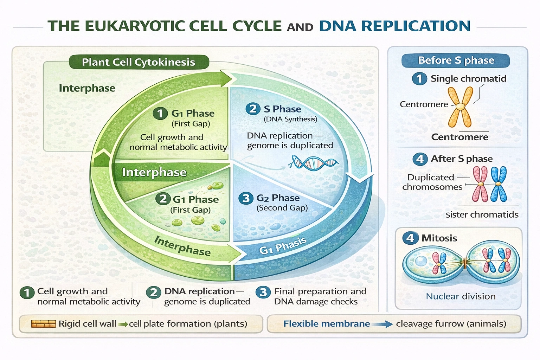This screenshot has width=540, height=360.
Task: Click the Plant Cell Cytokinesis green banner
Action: [x=139, y=62]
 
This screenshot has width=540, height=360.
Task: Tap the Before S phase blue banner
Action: [x=456, y=60]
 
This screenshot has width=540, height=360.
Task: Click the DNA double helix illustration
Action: [x=313, y=163]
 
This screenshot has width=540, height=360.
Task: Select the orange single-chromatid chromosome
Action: [x=460, y=107]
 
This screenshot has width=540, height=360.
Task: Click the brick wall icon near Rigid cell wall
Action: [x=43, y=324]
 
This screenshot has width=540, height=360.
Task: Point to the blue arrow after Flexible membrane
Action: [x=382, y=324]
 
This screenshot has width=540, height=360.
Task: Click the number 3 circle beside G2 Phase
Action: [x=246, y=198]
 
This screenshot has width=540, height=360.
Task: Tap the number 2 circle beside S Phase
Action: [x=253, y=109]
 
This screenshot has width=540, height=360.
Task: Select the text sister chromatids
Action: [x=482, y=214]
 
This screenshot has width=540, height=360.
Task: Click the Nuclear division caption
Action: [x=461, y=296]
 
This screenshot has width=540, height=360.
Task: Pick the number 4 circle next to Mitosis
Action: [x=410, y=238]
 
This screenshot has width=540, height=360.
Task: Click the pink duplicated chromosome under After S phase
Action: [x=480, y=184]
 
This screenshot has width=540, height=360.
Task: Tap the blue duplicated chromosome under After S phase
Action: [x=499, y=184]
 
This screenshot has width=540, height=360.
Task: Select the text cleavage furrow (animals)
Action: [x=451, y=324]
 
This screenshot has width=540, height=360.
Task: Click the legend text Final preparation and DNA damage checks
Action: [x=320, y=296]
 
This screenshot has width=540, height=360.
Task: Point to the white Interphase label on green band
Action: [x=154, y=172]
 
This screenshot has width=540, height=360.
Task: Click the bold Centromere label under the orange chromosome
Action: [x=459, y=137]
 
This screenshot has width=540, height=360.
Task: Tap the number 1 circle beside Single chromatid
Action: [x=419, y=78]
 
